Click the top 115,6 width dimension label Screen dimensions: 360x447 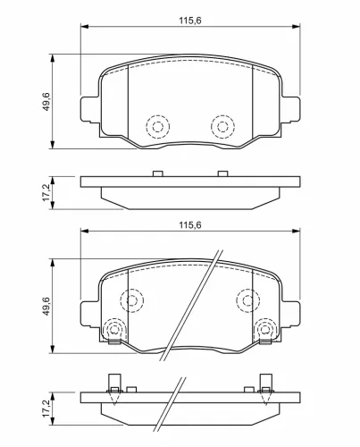190,21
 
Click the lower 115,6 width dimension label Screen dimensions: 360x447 190,225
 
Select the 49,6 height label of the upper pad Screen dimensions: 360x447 46,102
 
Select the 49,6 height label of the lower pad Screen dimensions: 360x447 46,306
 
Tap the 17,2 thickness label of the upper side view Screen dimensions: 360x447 46,192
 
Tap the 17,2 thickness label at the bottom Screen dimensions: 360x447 46,409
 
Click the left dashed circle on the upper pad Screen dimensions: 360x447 158,114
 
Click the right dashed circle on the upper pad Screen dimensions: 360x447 222,114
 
